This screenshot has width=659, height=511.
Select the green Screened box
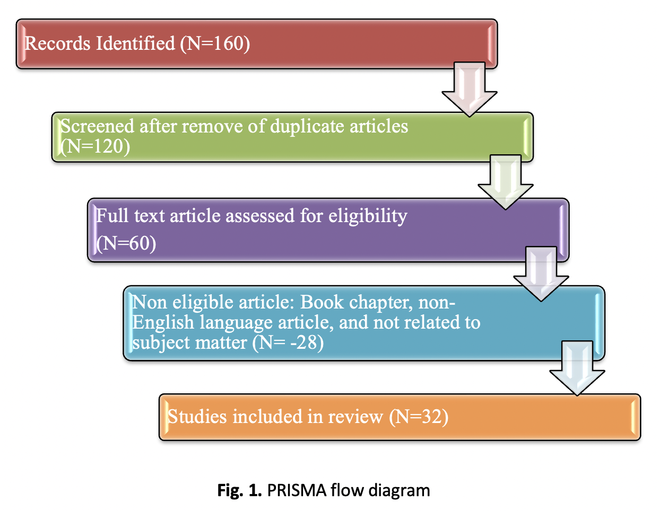pos(292,136)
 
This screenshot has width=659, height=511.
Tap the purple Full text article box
pos(327,230)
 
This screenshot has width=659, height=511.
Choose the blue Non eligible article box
pos(363,323)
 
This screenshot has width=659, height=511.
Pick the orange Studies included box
pos(399,417)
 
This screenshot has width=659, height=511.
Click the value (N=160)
pos(215,43)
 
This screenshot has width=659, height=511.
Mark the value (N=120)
pos(96,146)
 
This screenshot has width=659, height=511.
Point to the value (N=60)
pos(126,243)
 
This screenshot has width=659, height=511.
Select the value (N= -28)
pos(288,342)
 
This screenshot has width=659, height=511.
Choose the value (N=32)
pos(419,417)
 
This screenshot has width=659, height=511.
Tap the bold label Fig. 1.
pos(239,490)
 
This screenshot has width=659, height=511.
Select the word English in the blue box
pos(163,322)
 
